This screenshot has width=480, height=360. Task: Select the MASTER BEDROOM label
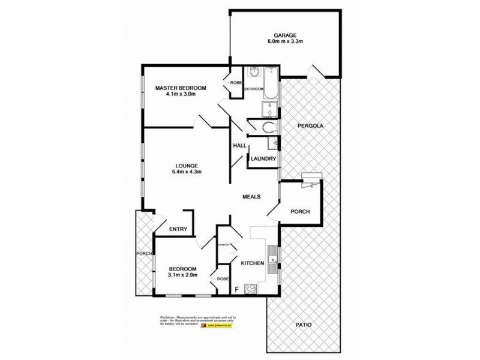point(181,88)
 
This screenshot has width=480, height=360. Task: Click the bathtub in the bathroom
point(271,85)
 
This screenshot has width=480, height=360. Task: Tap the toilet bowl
point(268,127)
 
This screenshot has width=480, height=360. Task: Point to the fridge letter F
point(236,289)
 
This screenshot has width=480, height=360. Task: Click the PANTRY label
point(225,244)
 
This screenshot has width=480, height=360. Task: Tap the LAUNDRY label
point(263,159)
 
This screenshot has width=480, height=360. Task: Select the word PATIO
point(304,325)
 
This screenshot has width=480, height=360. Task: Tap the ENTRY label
point(178,229)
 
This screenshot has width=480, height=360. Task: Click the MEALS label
point(251,197)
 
